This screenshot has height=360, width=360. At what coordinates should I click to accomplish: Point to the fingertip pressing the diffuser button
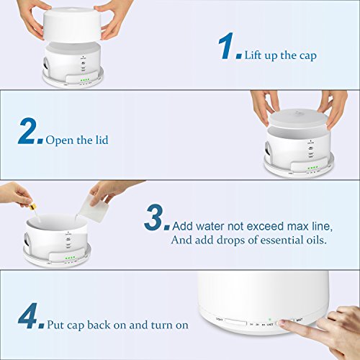285,325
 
